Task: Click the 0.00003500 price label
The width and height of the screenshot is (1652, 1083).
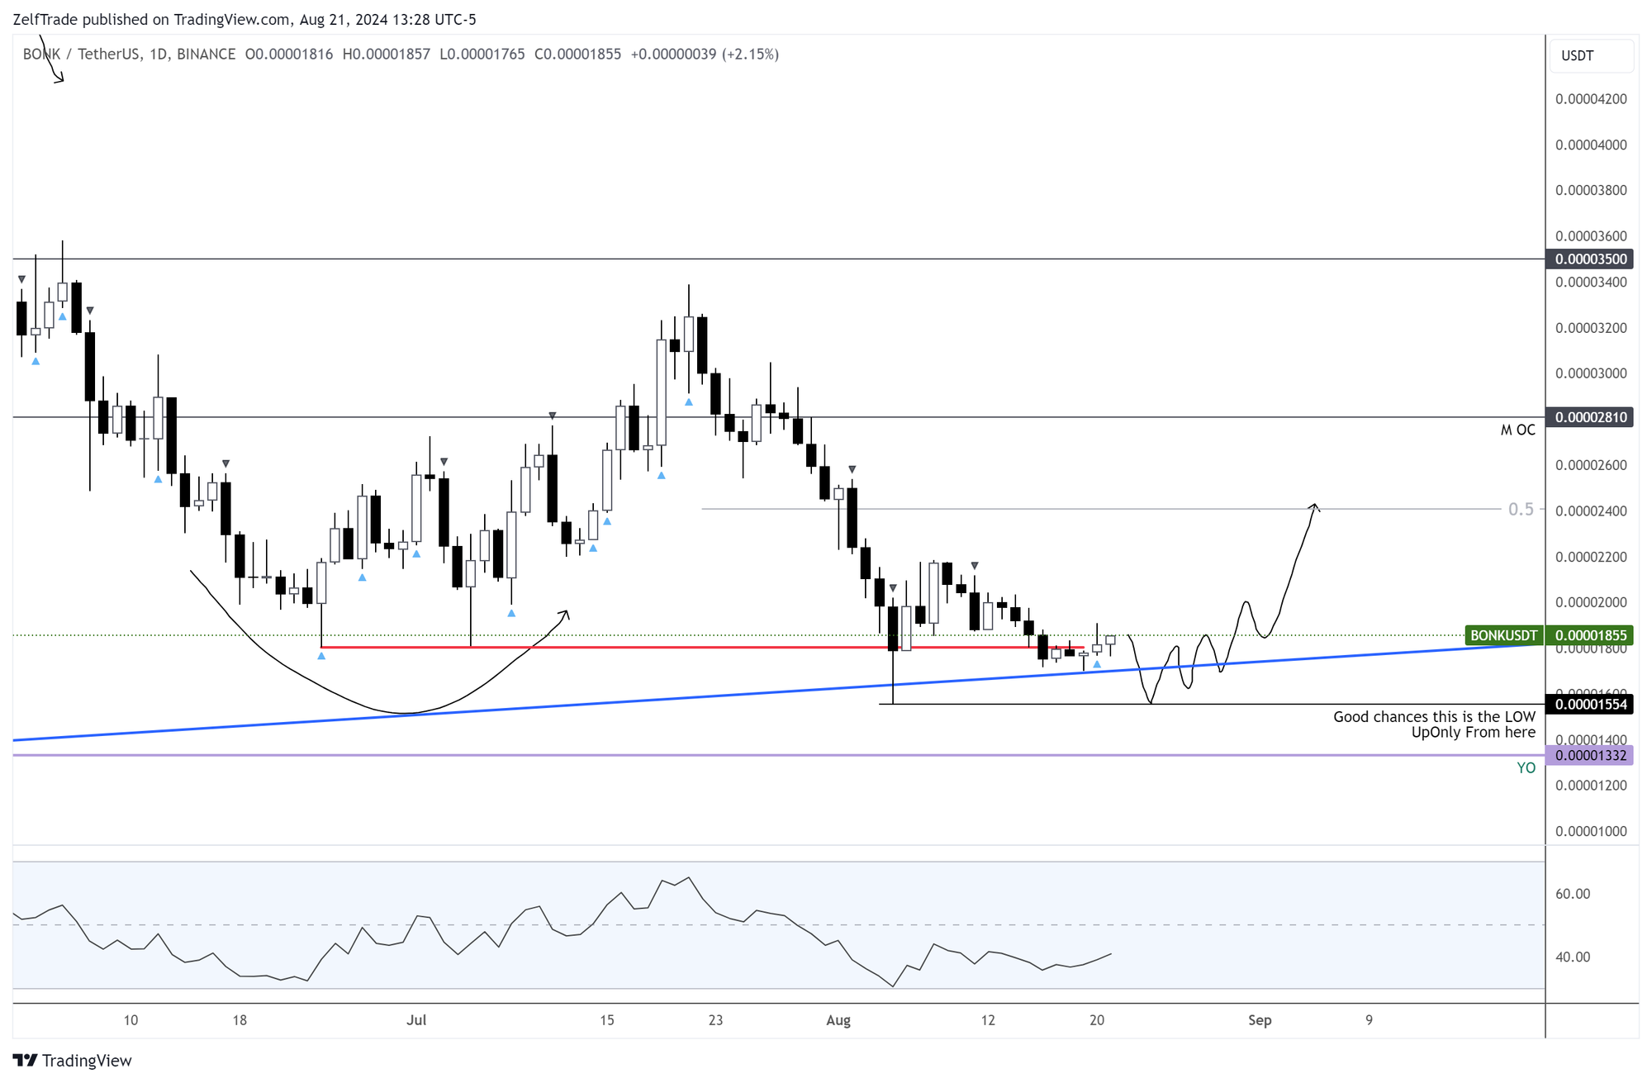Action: tap(1590, 259)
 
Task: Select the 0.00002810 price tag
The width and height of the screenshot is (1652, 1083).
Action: tap(1590, 417)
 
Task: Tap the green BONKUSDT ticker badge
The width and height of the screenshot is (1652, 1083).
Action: tap(1503, 635)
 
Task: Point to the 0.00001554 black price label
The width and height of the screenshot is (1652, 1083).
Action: tap(1590, 705)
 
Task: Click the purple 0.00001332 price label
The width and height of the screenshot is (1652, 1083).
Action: tap(1590, 755)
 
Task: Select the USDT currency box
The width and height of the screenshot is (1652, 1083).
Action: tap(1591, 56)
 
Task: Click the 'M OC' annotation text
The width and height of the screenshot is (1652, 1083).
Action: tap(1517, 430)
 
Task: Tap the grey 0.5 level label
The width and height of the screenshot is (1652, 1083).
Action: tap(1520, 510)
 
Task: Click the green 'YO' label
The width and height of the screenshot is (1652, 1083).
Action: tap(1526, 768)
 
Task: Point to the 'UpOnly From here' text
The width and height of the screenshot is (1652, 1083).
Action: tap(1473, 733)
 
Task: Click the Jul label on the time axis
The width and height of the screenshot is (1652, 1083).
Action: tap(416, 1020)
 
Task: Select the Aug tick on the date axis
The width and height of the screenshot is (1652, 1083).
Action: tap(838, 1020)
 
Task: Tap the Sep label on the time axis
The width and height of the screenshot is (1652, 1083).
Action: tap(1260, 1020)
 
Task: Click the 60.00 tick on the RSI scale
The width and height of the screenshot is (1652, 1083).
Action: tap(1573, 894)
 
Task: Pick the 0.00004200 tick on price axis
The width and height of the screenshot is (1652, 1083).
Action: tap(1591, 99)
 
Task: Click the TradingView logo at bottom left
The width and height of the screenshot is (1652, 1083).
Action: tap(73, 1061)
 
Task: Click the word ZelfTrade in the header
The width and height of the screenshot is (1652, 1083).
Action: tap(45, 19)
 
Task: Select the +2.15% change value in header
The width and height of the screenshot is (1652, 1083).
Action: tap(750, 55)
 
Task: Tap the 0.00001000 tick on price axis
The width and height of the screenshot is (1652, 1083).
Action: tap(1591, 831)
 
